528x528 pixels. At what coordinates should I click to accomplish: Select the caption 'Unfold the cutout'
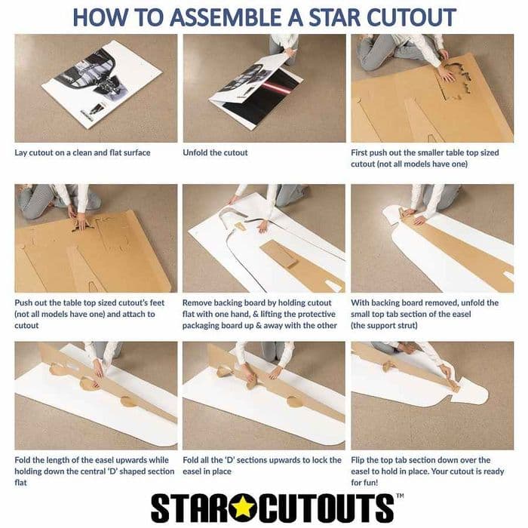[215, 152]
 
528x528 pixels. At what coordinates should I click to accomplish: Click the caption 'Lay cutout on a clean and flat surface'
[82, 152]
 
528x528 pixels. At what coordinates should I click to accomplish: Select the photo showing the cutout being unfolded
[263, 87]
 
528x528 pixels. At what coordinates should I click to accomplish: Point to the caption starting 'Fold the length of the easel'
[94, 471]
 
